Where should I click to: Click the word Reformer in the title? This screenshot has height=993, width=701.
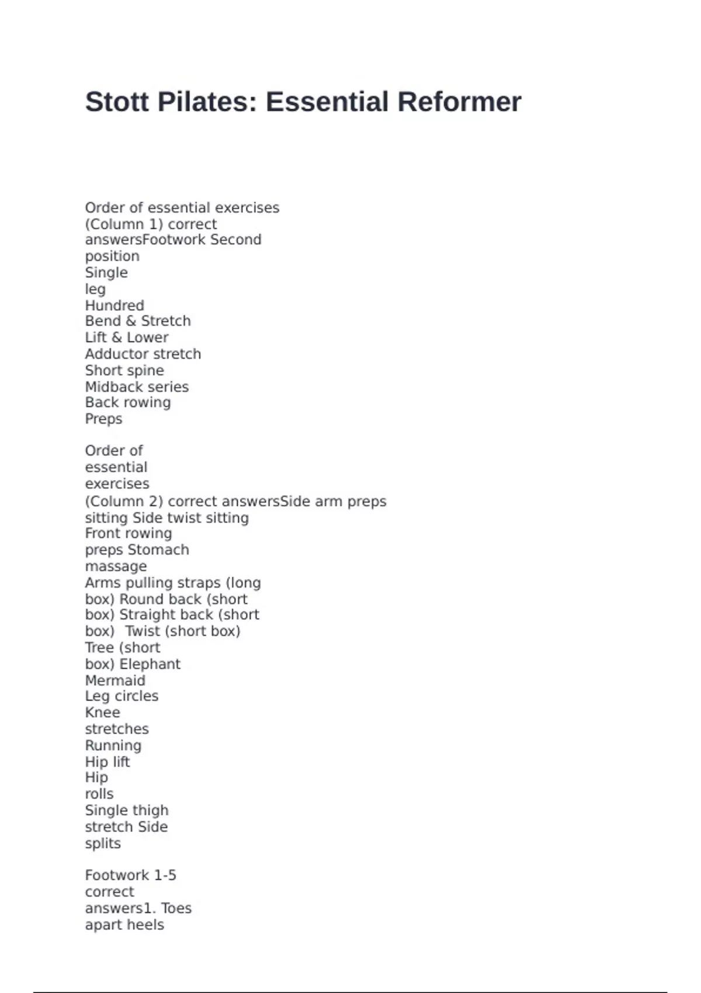click(x=459, y=102)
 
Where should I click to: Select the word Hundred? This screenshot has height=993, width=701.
click(x=114, y=305)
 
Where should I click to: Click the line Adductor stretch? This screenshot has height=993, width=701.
click(x=143, y=354)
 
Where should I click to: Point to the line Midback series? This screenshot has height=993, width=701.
click(x=137, y=387)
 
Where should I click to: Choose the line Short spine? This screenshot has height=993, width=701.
click(x=124, y=370)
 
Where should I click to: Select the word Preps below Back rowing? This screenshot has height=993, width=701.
click(x=103, y=419)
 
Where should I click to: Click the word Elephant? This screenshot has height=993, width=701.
click(x=150, y=664)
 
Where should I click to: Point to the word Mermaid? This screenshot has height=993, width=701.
click(x=115, y=680)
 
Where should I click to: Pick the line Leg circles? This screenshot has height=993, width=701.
click(x=122, y=696)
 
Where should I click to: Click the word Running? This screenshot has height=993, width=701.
click(x=113, y=746)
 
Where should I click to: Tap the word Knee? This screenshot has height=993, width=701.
click(x=102, y=713)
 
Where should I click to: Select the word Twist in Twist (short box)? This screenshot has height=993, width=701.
click(x=143, y=631)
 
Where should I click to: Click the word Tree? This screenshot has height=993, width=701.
click(x=99, y=648)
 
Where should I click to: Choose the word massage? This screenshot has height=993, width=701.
click(x=116, y=567)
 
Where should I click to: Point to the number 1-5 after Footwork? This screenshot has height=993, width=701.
click(x=165, y=876)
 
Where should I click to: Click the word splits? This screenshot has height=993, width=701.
click(x=103, y=844)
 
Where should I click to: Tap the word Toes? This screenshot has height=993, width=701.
click(x=176, y=908)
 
